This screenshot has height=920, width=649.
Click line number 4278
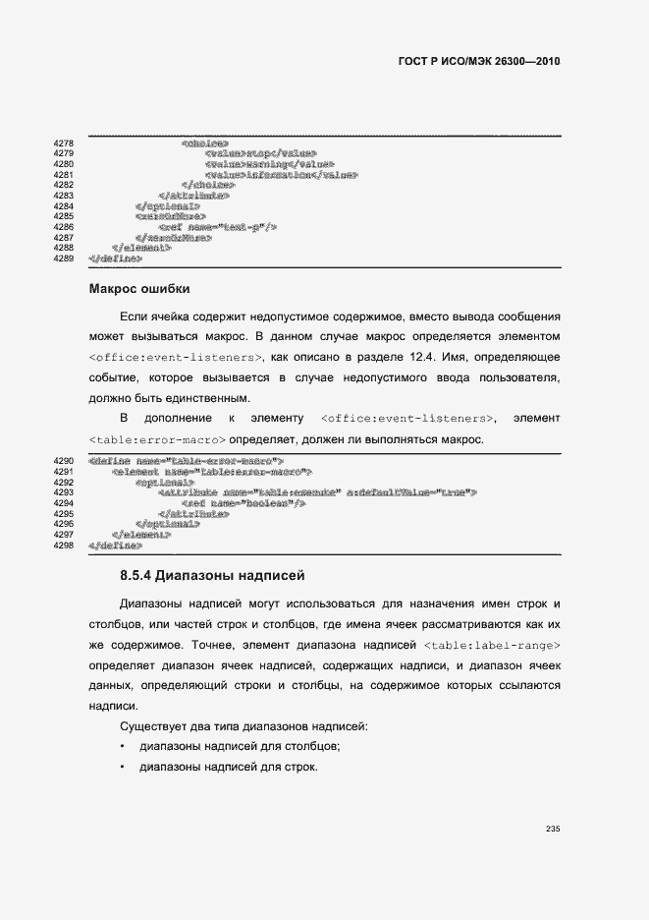coord(63,144)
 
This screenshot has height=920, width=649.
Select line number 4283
coord(63,196)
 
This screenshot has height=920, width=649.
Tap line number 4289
coord(63,259)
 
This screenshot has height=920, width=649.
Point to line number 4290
coord(63,460)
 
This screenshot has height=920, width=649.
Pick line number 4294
coord(63,502)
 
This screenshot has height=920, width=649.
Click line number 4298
coord(63,545)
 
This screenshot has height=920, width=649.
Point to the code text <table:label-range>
coord(493,645)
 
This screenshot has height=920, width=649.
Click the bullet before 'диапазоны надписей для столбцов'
coord(122,747)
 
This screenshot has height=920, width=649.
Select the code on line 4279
coord(260,154)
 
